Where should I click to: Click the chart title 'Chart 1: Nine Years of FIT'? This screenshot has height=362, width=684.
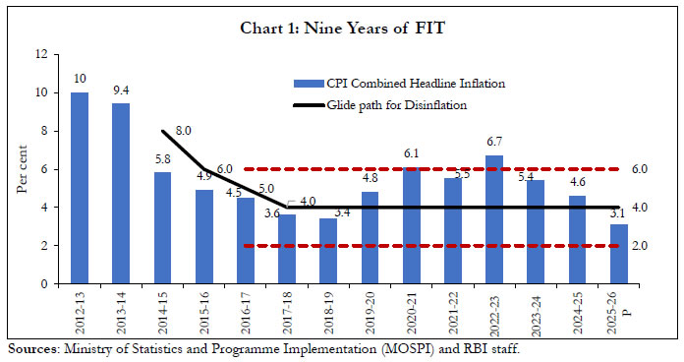click(341, 27)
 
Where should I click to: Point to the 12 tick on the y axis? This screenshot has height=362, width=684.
click(41, 55)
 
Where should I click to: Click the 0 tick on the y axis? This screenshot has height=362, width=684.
click(44, 284)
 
